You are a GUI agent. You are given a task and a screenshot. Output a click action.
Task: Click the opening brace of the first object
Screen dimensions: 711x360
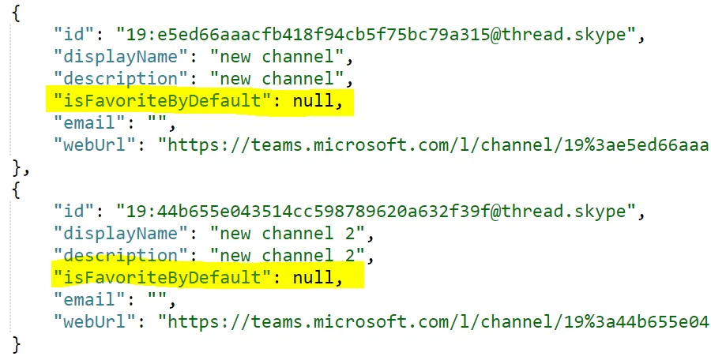click(x=17, y=14)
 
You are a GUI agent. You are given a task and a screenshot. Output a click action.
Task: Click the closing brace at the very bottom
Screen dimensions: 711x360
click(x=17, y=345)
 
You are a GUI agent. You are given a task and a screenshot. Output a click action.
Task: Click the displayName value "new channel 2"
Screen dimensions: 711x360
click(x=288, y=234)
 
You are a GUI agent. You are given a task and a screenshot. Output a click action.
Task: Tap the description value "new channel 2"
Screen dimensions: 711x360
click(x=288, y=256)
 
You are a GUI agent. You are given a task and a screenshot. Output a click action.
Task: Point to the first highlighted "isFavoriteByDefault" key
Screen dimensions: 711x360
click(x=159, y=100)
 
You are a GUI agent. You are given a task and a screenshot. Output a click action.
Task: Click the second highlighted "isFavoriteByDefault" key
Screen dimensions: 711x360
click(x=159, y=277)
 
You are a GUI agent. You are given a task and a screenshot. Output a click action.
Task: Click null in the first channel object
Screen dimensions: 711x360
click(x=314, y=100)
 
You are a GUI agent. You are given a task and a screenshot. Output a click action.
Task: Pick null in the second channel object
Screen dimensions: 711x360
click(x=314, y=277)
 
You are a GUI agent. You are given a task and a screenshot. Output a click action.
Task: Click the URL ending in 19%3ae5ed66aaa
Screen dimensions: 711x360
click(x=434, y=145)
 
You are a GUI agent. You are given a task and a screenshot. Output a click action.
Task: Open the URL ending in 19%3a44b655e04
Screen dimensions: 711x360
click(x=434, y=322)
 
